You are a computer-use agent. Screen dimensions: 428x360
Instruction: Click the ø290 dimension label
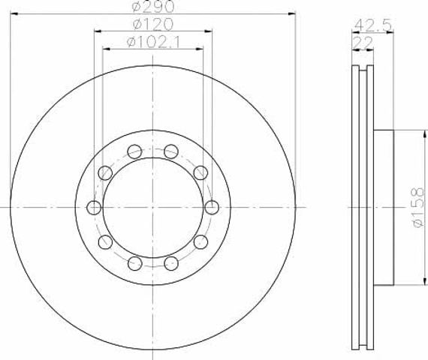pyautogui.click(x=153, y=7)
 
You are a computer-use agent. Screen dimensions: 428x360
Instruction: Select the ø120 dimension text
pyautogui.click(x=153, y=24)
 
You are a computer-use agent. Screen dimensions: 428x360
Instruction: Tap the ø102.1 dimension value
pyautogui.click(x=153, y=42)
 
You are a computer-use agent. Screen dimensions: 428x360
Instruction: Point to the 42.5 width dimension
pyautogui.click(x=372, y=25)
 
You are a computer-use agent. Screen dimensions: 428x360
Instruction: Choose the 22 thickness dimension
pyautogui.click(x=363, y=43)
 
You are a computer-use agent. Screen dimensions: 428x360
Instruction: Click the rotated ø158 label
pyautogui.click(x=418, y=207)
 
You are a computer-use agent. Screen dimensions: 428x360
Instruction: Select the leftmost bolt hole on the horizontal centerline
pyautogui.click(x=94, y=208)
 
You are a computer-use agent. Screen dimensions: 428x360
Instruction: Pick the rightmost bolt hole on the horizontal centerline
pyautogui.click(x=212, y=208)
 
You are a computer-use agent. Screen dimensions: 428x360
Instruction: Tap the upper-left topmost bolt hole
pyautogui.click(x=135, y=151)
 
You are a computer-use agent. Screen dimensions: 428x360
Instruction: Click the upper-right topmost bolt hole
pyautogui.click(x=171, y=151)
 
